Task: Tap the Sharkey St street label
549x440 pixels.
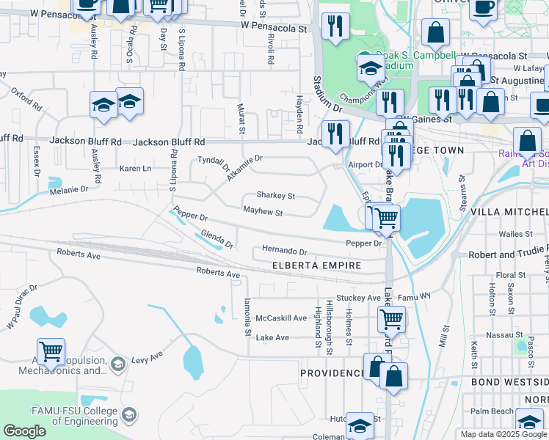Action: pos(275,196)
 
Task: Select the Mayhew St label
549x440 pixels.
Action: pos(263,213)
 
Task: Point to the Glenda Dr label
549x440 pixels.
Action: pos(217,238)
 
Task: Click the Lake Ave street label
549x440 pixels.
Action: pos(272,337)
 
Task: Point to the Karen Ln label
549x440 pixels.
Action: pos(135,168)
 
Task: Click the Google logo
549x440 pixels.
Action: pos(25,431)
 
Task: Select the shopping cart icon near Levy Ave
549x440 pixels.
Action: pos(51,352)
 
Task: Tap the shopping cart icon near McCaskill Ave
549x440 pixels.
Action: pos(391,319)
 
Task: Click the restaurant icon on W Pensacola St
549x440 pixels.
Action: pos(335,26)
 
